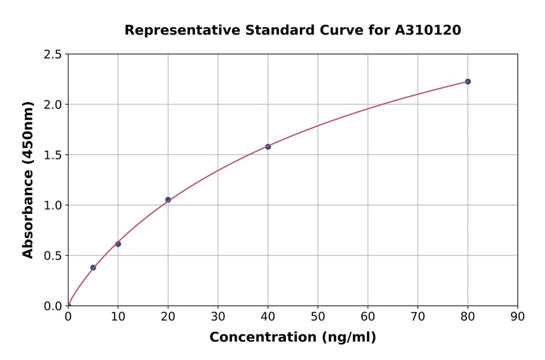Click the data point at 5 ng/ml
tap(93, 267)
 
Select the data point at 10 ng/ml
tap(118, 244)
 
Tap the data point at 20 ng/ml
tap(168, 199)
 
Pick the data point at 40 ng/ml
tap(268, 147)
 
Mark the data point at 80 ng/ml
tap(467, 81)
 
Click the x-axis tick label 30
tap(218, 316)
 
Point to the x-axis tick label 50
tap(318, 316)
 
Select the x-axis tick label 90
tap(518, 316)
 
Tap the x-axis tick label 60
tap(368, 316)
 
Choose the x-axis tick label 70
tap(418, 316)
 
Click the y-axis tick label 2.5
tap(53, 55)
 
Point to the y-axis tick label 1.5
tap(53, 155)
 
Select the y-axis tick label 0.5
tap(53, 256)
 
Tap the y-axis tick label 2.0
tap(53, 105)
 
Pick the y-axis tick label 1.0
tap(53, 205)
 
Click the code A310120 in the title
tap(428, 30)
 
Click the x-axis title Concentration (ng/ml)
tap(292, 337)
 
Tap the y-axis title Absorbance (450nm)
tap(28, 180)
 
